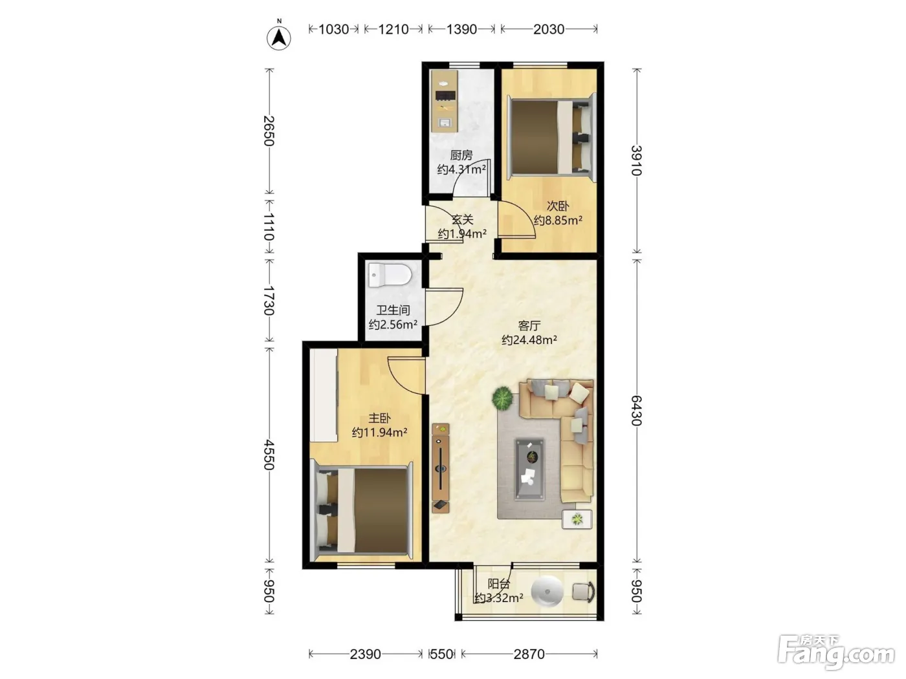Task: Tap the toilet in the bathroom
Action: click(390, 275)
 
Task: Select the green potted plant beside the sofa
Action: click(502, 398)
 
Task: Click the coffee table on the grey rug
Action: click(529, 469)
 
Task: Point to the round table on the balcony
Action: click(547, 592)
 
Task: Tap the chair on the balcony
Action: click(584, 592)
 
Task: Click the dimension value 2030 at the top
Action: click(549, 29)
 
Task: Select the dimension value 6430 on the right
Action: click(637, 411)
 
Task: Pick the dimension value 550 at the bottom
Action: click(442, 654)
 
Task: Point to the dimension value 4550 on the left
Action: click(269, 455)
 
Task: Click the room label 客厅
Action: click(529, 326)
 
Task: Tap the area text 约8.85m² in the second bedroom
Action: click(558, 220)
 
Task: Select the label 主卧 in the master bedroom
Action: click(379, 418)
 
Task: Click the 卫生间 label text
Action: click(393, 310)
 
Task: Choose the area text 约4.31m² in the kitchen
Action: click(461, 169)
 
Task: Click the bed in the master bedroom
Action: click(362, 512)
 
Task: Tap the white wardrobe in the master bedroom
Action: click(324, 396)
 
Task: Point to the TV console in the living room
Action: click(441, 468)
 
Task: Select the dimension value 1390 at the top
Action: click(462, 29)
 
